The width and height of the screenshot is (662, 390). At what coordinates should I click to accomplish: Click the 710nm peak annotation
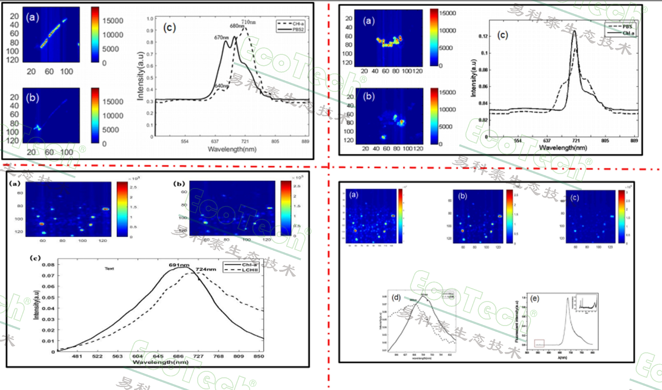click(248, 22)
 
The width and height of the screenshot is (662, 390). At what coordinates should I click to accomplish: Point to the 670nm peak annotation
click(221, 37)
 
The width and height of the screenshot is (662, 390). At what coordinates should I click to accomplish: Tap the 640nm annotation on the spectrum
click(222, 86)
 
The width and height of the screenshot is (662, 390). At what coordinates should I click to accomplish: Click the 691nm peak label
click(179, 265)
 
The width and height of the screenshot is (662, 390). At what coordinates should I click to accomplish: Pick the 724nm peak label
click(206, 269)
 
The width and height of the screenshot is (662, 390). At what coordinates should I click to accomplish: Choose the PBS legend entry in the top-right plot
click(627, 27)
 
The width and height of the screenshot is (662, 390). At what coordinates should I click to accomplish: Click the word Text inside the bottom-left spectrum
click(109, 269)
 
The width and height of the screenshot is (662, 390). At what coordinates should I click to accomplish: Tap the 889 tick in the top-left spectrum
click(305, 141)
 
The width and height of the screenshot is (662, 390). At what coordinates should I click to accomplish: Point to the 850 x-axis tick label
click(259, 356)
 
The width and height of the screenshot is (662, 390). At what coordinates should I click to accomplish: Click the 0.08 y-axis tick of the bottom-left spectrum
click(48, 265)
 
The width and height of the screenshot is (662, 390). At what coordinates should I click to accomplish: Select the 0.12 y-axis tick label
click(483, 36)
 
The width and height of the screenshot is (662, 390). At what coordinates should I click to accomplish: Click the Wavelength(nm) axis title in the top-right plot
click(563, 148)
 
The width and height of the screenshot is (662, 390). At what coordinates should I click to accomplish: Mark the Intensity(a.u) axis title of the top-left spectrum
click(140, 76)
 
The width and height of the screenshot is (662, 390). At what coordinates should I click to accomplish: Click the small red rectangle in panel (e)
click(539, 343)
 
